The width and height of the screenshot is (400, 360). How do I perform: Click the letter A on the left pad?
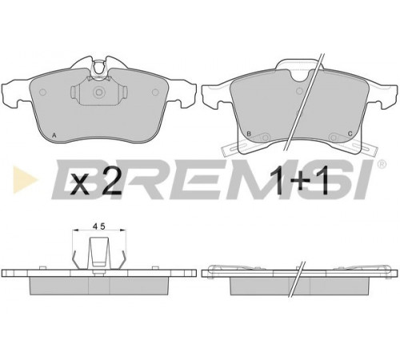click(x=54, y=135)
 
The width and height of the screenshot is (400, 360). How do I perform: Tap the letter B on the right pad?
click(x=249, y=134)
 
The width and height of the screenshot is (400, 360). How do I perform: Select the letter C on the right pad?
click(x=350, y=134)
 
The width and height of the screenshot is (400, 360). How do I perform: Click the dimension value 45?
click(x=99, y=226)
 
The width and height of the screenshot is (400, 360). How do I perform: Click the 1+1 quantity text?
click(x=299, y=182)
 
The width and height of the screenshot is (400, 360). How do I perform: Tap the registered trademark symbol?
click(x=382, y=164)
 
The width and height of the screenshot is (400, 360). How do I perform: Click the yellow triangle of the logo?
click(x=25, y=179)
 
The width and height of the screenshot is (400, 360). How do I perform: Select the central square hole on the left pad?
click(x=98, y=92)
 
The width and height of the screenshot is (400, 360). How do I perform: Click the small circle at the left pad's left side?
click(x=42, y=92)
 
